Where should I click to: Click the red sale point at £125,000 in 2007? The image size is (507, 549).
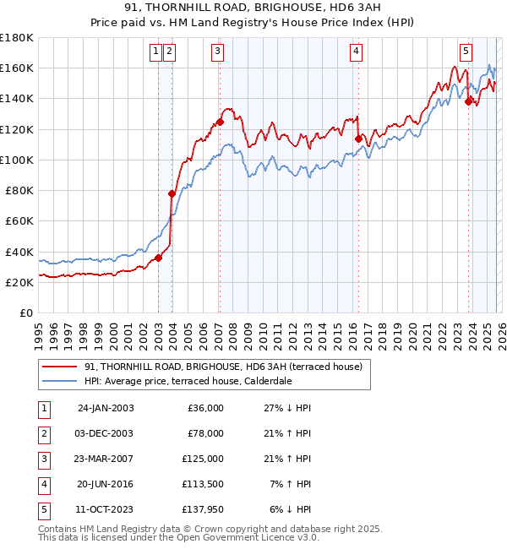click(x=220, y=122)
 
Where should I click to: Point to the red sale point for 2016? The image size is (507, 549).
click(x=358, y=139)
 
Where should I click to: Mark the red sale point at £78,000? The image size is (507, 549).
click(x=172, y=193)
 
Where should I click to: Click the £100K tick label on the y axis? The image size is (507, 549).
click(x=16, y=160)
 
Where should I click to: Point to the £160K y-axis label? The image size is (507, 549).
click(x=16, y=68)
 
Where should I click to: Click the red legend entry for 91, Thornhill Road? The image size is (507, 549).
click(x=223, y=367)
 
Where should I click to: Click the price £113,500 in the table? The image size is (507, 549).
click(x=202, y=484)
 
